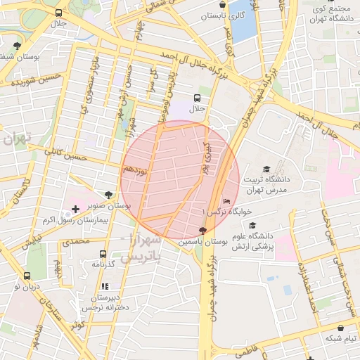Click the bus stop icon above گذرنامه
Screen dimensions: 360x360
coord(103,254)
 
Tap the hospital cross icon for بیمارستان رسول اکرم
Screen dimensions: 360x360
coord(75,210)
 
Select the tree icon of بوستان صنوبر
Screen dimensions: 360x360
coord(107,195)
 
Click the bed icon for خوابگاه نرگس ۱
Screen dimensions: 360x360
coord(226,200)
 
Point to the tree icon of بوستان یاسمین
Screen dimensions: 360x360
coord(203,231)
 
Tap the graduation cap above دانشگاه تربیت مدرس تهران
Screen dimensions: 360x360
coord(266,169)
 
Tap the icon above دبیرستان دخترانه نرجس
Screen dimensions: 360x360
coord(105,286)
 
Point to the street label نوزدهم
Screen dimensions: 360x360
coord(134,170)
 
